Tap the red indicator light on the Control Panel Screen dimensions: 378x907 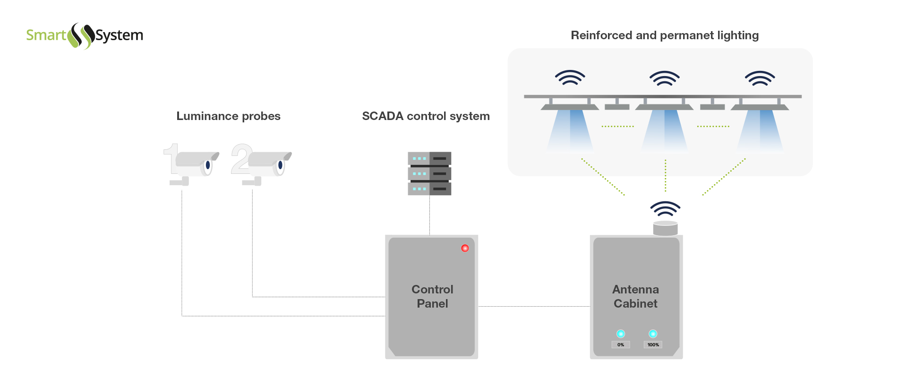(x=465, y=248)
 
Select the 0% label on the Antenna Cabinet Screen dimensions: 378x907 (x=621, y=345)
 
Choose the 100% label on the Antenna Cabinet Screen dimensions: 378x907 (x=653, y=345)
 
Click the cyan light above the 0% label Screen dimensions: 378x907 (x=621, y=334)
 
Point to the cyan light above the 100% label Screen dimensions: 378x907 (x=653, y=334)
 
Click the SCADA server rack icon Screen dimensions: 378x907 (x=429, y=173)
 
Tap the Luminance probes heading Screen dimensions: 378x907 (x=228, y=116)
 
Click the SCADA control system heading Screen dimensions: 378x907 (x=426, y=116)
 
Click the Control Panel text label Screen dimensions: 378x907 (x=432, y=296)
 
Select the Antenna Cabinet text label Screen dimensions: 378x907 (x=635, y=296)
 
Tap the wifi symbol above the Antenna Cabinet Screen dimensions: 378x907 (x=665, y=208)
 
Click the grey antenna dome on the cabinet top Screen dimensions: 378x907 (x=665, y=228)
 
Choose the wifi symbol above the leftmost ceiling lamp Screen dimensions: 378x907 (x=570, y=77)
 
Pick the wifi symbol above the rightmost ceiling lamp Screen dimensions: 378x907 (x=760, y=77)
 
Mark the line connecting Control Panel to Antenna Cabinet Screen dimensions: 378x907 (x=534, y=306)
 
